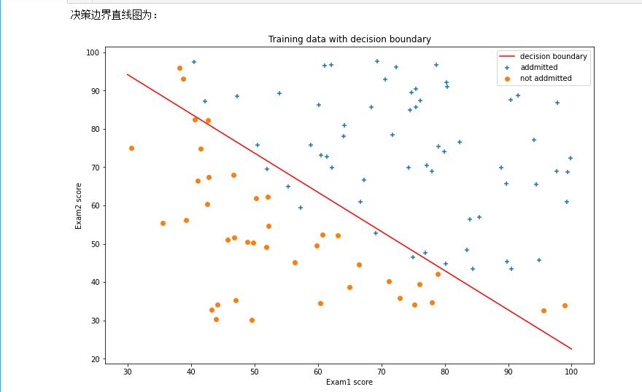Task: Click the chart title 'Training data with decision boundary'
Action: (349, 39)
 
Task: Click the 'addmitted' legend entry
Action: (538, 67)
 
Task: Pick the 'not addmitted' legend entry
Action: (546, 78)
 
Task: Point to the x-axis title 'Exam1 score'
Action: (349, 382)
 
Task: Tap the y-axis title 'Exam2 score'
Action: (79, 205)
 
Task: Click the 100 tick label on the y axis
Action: (92, 52)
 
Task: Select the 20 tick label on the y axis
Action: (94, 359)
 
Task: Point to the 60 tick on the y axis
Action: (94, 205)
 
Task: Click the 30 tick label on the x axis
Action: (128, 372)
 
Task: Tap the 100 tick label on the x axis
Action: (571, 372)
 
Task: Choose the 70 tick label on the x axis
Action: (381, 372)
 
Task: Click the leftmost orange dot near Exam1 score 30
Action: (131, 148)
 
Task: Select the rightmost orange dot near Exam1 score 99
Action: (565, 305)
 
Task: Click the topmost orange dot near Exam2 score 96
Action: (179, 68)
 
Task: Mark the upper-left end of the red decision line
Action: (128, 74)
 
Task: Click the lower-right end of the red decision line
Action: (571, 349)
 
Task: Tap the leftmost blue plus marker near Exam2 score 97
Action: (194, 62)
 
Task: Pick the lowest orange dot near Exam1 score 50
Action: (252, 320)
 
